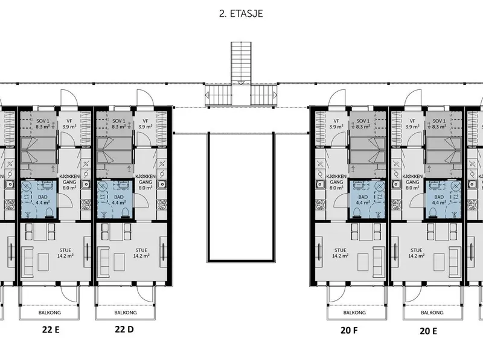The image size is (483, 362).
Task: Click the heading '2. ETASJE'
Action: point(241,14)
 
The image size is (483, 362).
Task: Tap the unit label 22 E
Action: point(51,330)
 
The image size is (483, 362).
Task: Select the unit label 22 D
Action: point(124,329)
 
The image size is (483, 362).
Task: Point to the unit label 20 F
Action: point(350,331)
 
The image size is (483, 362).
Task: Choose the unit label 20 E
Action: point(428,331)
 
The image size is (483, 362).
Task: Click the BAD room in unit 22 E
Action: point(39,200)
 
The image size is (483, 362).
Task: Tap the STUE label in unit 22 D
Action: point(141,250)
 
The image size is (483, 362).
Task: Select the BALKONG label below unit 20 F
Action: point(354,313)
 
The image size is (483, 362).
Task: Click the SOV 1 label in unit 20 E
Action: point(439,121)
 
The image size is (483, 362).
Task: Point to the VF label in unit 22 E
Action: point(69,121)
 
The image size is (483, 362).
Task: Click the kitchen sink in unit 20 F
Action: point(320,184)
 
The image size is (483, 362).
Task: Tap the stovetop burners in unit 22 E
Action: point(86,205)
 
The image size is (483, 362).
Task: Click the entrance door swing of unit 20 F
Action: point(337,98)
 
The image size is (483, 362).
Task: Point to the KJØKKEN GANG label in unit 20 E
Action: point(412,179)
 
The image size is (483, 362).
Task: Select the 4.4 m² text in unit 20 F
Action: point(363,203)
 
